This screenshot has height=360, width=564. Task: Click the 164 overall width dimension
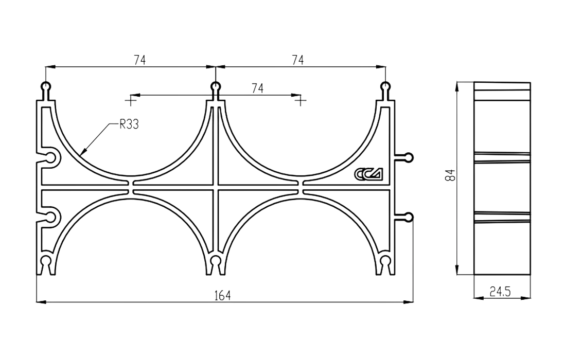[x=222, y=296]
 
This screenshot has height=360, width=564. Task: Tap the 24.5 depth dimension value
[x=500, y=291]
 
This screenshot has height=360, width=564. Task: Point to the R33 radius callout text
[x=129, y=125]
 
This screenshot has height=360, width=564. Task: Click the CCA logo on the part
[x=368, y=174]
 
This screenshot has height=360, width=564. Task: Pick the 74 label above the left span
[x=140, y=60]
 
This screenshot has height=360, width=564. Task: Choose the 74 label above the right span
[x=297, y=60]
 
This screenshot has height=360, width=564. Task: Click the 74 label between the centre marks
[x=257, y=88]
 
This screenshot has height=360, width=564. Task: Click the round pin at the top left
[x=46, y=87]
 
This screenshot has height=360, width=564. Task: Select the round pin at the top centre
[x=216, y=87]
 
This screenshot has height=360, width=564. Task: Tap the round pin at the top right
[x=385, y=87]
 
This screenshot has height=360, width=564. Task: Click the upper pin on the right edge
[x=409, y=157]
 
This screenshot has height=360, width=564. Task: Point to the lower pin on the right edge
[x=409, y=217]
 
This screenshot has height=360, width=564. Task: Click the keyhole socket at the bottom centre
[x=216, y=263]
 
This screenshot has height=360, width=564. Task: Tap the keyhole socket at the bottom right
[x=385, y=263]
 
